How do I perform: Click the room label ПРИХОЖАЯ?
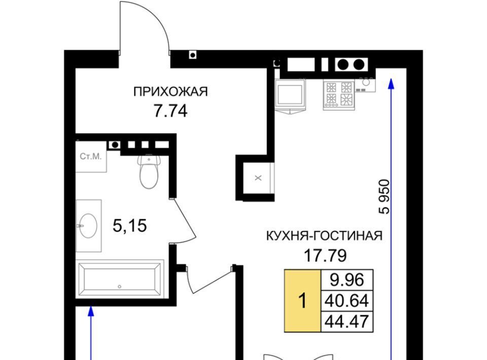point(170,92)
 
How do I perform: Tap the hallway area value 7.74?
point(170,111)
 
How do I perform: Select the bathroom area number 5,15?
point(129,226)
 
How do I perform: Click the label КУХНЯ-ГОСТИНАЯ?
point(324,236)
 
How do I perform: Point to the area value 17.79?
point(325,256)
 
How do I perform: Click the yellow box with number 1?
point(303,301)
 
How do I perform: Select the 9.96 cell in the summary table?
point(347,280)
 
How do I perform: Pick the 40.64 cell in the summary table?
point(347,301)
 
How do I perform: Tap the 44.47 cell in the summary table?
point(347,321)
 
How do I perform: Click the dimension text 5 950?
point(384,197)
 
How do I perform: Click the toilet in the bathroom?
point(149,171)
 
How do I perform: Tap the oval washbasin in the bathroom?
point(88,226)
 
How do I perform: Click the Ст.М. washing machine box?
point(91,156)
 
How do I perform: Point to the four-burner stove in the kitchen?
point(339,94)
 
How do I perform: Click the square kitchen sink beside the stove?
point(290,94)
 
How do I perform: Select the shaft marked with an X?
point(258,178)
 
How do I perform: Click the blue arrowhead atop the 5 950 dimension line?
point(391,84)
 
